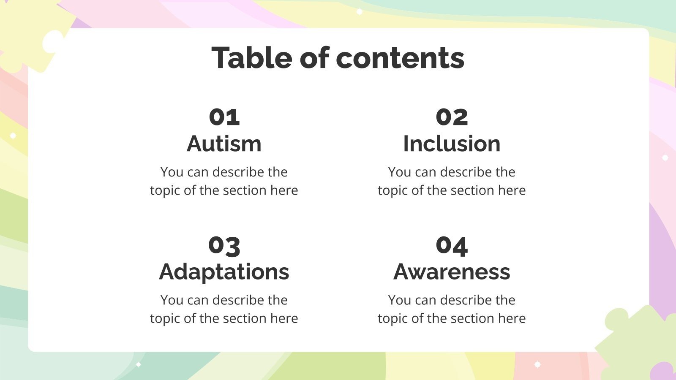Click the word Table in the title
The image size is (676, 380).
[x=252, y=58]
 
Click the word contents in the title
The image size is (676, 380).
[x=400, y=58]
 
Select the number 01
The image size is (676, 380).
[x=224, y=117]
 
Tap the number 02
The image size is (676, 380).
[x=452, y=117]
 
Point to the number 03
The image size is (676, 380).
[x=224, y=245]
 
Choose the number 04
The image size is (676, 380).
[x=452, y=245]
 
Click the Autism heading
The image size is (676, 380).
[x=224, y=144]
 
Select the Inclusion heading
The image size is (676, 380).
[x=452, y=144]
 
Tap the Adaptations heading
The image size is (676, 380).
[x=224, y=272]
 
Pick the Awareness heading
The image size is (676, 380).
[x=452, y=272]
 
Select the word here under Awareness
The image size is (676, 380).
[x=512, y=318]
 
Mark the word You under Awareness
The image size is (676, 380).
[x=399, y=300]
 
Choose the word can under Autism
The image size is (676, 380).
[x=198, y=172]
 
